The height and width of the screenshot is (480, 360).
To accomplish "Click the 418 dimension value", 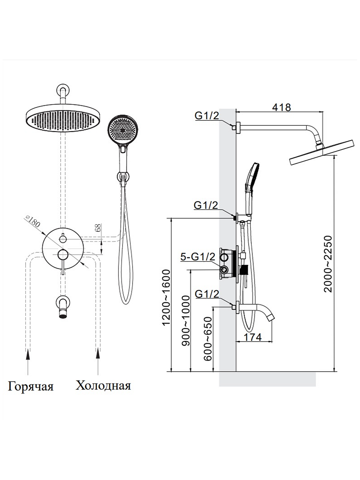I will [x=281, y=107].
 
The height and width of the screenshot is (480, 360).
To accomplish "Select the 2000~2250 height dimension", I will [x=328, y=264].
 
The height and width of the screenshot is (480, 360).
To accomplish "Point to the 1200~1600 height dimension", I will [x=166, y=297].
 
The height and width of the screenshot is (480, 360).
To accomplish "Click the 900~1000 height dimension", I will [x=186, y=320].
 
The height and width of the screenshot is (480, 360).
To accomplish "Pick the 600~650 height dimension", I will [x=208, y=339].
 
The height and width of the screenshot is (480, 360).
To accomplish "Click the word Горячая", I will [x=30, y=386].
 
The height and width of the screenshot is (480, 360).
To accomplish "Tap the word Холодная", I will [x=103, y=385].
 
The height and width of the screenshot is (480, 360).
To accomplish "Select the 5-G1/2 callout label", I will [x=198, y=257].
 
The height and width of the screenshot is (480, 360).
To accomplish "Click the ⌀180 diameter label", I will [x=33, y=221].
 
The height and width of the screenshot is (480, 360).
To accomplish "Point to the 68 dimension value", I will [x=98, y=228].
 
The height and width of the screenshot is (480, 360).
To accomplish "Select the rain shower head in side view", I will [x=322, y=153].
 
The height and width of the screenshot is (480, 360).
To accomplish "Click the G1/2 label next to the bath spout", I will [x=207, y=294].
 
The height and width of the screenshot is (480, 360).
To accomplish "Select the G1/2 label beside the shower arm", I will [x=207, y=116].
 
